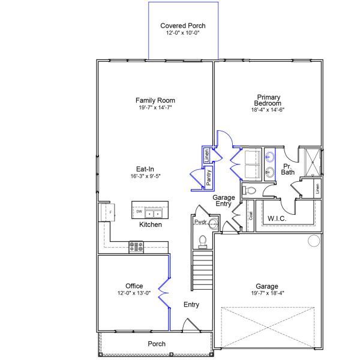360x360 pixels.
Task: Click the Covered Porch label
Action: coord(183,26)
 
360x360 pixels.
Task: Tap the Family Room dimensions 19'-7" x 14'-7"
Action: coord(155,108)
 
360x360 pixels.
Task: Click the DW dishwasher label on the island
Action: coord(139,212)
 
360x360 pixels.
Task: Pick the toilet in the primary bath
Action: coord(250,190)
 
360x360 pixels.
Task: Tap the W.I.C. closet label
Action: coord(277,218)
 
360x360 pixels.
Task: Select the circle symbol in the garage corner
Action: coord(313,241)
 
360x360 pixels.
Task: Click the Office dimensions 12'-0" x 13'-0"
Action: coord(134,293)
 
